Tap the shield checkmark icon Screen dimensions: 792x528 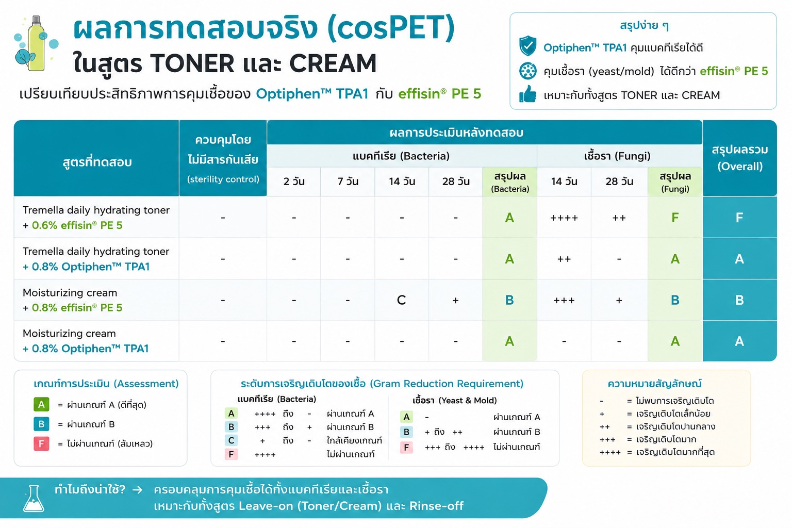tap(527, 46)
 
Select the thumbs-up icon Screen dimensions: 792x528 tap(527, 94)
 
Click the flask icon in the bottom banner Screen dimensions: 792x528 tap(34, 498)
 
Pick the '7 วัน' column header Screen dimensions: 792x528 tap(348, 181)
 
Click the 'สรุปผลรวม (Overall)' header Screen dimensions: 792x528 tap(739, 158)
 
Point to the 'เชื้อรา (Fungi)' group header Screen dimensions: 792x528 tap(617, 156)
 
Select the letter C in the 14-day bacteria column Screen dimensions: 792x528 tap(401, 300)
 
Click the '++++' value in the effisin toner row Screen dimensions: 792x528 tap(564, 218)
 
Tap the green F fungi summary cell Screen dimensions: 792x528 tap(675, 218)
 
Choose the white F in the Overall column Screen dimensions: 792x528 tap(739, 218)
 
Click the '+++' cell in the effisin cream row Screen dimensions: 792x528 tap(564, 301)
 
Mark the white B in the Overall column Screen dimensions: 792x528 tap(739, 300)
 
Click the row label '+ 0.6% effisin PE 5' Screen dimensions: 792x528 tap(73, 225)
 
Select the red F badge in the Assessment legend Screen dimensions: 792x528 tap(41, 443)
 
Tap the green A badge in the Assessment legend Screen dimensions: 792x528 tap(41, 404)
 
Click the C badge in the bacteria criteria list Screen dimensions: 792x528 tap(231, 440)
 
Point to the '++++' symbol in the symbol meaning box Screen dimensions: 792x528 tap(610, 452)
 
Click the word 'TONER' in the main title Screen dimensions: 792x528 tap(192, 63)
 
